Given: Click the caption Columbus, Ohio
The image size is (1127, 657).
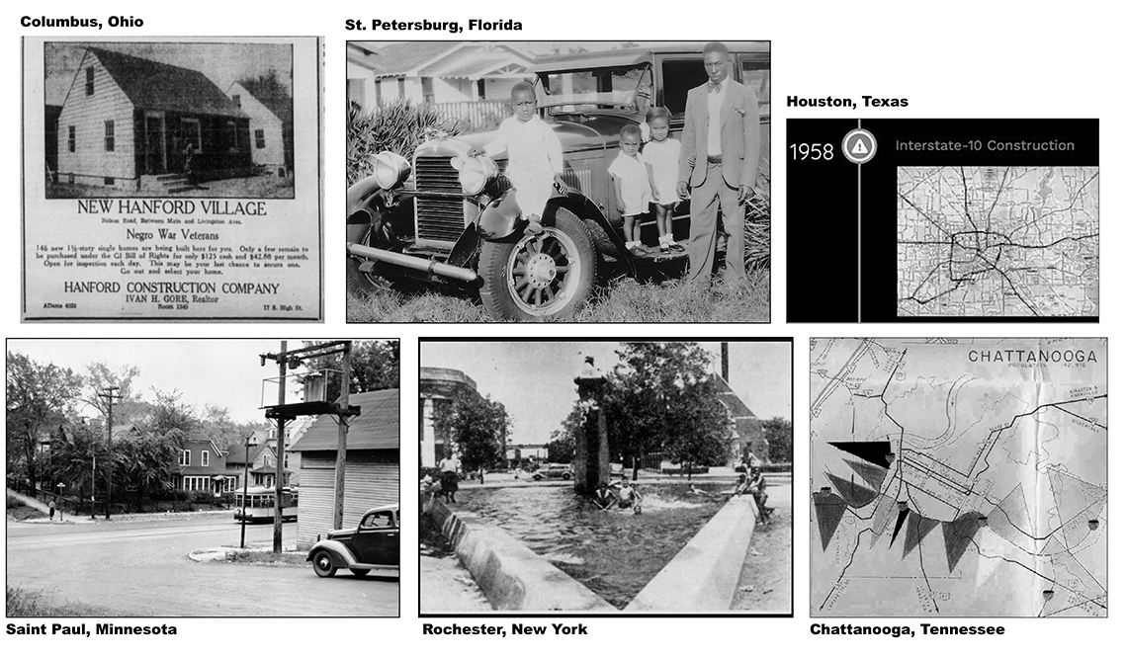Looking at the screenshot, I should tap(81, 22).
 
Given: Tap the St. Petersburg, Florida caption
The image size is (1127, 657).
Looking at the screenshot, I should tap(433, 25).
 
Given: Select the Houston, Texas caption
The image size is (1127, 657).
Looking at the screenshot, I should tap(846, 102).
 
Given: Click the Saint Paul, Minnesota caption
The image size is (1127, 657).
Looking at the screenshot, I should tap(91, 629).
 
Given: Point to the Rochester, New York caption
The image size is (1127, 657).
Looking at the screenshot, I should tap(504, 629).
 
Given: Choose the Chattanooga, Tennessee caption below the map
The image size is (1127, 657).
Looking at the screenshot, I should tap(907, 629).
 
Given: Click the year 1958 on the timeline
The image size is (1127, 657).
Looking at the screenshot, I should tap(812, 151).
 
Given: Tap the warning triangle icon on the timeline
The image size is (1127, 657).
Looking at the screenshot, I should tap(859, 146).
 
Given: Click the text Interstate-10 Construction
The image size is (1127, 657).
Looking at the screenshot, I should tap(984, 145).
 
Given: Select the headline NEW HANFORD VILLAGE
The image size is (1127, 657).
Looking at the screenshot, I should tap(172, 208).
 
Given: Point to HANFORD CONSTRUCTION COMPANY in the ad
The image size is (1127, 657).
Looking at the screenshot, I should tap(172, 288).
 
